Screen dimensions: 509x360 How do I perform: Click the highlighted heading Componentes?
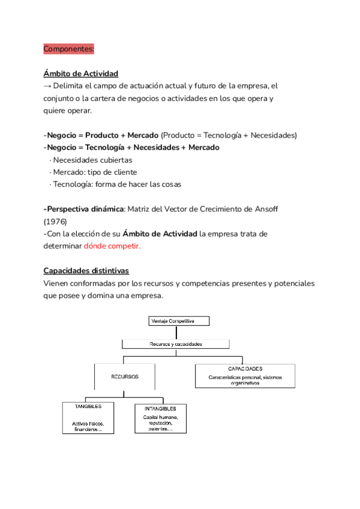click(x=68, y=49)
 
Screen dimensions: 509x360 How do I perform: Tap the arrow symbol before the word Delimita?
click(x=47, y=86)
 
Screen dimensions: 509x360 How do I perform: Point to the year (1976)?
click(x=55, y=221)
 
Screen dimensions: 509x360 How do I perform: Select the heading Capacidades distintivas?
click(x=86, y=271)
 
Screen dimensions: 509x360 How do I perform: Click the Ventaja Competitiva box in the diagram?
click(x=178, y=321)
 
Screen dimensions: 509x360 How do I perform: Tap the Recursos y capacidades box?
click(x=176, y=345)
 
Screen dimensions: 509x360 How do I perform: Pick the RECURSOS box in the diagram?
click(x=125, y=376)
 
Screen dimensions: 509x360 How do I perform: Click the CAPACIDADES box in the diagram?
click(x=245, y=376)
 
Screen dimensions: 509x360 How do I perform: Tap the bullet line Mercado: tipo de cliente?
click(x=97, y=172)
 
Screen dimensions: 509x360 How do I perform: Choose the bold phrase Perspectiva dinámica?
click(x=83, y=209)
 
